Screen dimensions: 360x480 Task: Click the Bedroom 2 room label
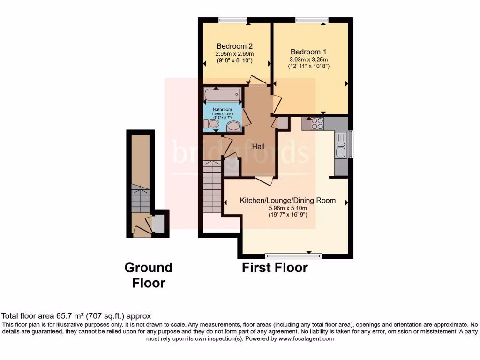click(x=234, y=46)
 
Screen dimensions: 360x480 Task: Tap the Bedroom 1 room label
click(x=308, y=52)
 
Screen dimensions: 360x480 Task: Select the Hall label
click(x=259, y=146)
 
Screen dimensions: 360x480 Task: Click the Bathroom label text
click(x=222, y=110)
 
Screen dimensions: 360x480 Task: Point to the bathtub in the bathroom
click(x=223, y=96)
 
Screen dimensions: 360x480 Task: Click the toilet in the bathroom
click(x=211, y=124)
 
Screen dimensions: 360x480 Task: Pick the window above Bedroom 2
click(x=233, y=20)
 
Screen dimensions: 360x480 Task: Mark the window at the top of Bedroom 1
click(x=311, y=20)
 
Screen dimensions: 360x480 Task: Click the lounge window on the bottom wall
click(x=293, y=256)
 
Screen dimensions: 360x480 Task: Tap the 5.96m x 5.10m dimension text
click(x=288, y=208)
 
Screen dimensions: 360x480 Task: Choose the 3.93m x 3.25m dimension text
click(x=308, y=60)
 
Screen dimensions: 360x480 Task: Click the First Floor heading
click(x=275, y=268)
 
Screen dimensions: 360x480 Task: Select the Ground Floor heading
click(x=148, y=275)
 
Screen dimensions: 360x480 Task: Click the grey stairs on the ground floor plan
click(x=140, y=198)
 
